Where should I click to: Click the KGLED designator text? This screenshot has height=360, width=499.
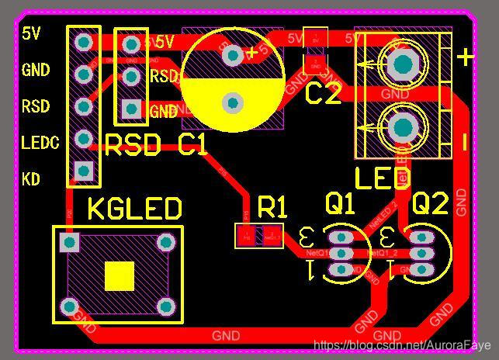tap(134, 209)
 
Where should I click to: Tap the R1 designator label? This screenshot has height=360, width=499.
tap(272, 207)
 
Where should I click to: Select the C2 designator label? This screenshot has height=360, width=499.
tap(323, 95)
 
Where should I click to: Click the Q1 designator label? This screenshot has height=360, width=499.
tap(340, 204)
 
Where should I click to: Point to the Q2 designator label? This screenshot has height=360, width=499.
tap(430, 204)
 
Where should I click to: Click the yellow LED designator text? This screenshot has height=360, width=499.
tap(383, 178)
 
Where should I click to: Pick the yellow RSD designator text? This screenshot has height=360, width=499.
tap(133, 145)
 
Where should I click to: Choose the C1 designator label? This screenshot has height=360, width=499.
tap(192, 145)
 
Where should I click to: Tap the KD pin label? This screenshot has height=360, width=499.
tap(31, 179)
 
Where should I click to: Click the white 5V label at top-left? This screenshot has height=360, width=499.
tap(31, 33)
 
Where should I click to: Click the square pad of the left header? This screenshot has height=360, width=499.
tap(83, 170)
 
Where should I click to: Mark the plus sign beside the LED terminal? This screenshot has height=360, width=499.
tap(465, 57)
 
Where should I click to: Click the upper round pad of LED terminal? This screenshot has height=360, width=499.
tap(404, 62)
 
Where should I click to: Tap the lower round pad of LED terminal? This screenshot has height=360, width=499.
tap(404, 127)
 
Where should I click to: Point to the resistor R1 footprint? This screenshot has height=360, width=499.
tap(259, 235)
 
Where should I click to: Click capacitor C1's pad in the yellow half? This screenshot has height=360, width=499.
tap(232, 102)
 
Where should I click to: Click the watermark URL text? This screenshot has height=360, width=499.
tap(401, 344)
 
